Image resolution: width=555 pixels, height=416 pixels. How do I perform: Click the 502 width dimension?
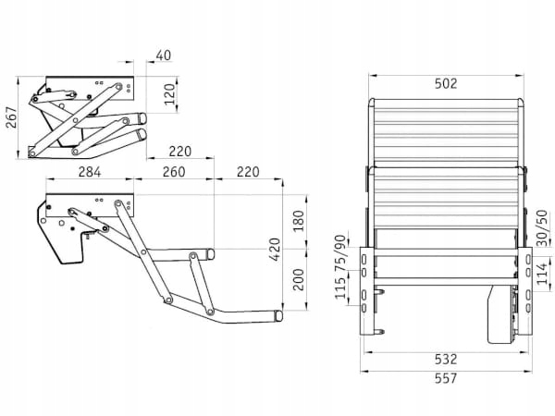(446, 84)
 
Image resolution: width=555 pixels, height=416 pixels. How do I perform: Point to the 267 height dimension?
(11, 118)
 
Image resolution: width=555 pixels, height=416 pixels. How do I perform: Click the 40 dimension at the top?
(162, 56)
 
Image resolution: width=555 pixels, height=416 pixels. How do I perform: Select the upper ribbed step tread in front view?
(446, 128)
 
